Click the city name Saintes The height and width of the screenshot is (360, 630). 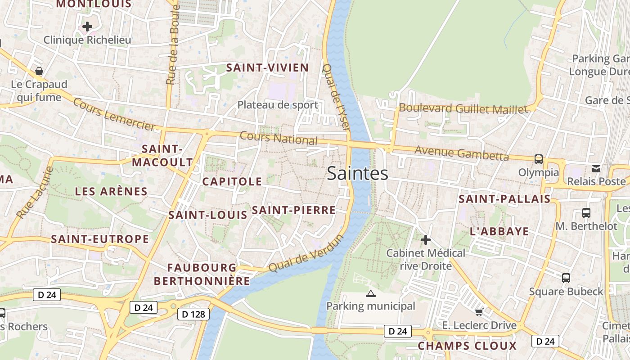(357, 173)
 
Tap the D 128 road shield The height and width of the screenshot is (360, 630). (194, 314)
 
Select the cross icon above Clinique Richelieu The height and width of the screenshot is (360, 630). (87, 27)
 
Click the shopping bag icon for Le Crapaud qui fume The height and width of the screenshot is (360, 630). (39, 71)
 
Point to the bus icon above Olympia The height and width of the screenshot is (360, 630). (538, 159)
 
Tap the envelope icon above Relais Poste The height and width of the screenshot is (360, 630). (596, 169)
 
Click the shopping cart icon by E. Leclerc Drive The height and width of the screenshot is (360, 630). (479, 312)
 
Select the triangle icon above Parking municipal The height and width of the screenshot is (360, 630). (370, 294)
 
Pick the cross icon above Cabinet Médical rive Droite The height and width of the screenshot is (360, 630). (425, 240)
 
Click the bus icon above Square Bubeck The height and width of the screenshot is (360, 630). (566, 278)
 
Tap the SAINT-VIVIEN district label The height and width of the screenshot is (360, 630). (267, 68)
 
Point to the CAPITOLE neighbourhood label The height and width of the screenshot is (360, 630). (232, 182)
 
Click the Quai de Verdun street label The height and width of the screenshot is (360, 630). (306, 253)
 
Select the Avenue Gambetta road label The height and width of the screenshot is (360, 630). (461, 153)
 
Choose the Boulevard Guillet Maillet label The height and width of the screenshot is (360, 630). (463, 108)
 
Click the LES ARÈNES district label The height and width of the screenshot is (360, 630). (111, 192)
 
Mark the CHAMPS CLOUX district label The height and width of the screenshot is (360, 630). (467, 346)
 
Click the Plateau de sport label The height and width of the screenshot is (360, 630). (278, 105)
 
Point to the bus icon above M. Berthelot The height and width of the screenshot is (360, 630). (586, 213)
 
